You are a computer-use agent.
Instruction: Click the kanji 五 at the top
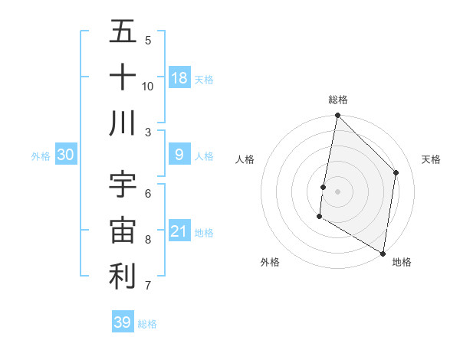[x=123, y=32]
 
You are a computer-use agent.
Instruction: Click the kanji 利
[x=123, y=276]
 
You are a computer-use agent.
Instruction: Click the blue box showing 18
[x=179, y=77]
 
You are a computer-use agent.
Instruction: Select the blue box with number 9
[x=179, y=155]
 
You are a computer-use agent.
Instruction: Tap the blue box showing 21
[x=179, y=231]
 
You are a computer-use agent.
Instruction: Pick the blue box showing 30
[x=66, y=155]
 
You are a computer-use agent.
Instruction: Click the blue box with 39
[x=123, y=322]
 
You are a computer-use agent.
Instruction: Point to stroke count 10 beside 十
[x=148, y=86]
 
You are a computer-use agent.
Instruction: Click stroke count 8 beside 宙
[x=148, y=240]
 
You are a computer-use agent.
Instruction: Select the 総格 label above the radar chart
[x=338, y=100]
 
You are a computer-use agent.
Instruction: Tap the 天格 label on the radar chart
[x=431, y=159]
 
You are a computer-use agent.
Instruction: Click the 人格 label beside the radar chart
[x=245, y=159]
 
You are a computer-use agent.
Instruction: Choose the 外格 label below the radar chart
[x=269, y=262]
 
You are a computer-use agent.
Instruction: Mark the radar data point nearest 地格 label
[x=383, y=252]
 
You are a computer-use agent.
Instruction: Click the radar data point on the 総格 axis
[x=337, y=116]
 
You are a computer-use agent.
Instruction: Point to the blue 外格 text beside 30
[x=41, y=155]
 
